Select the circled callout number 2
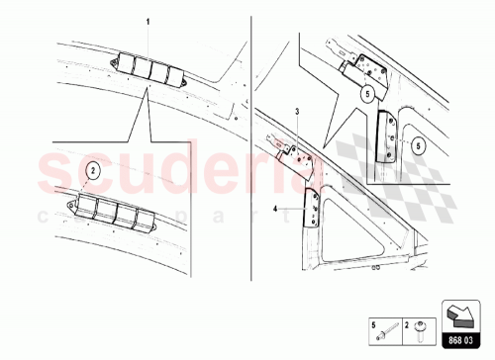point(92,169)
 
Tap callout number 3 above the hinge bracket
point(295,114)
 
